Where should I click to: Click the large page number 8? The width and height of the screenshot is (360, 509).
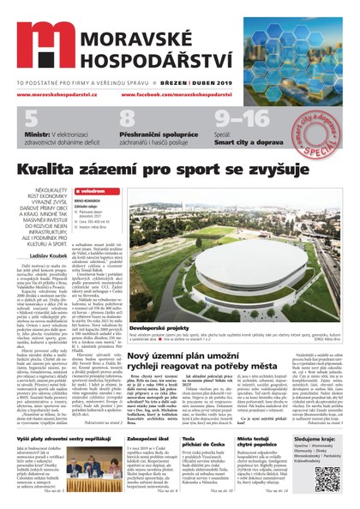point(127,121)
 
